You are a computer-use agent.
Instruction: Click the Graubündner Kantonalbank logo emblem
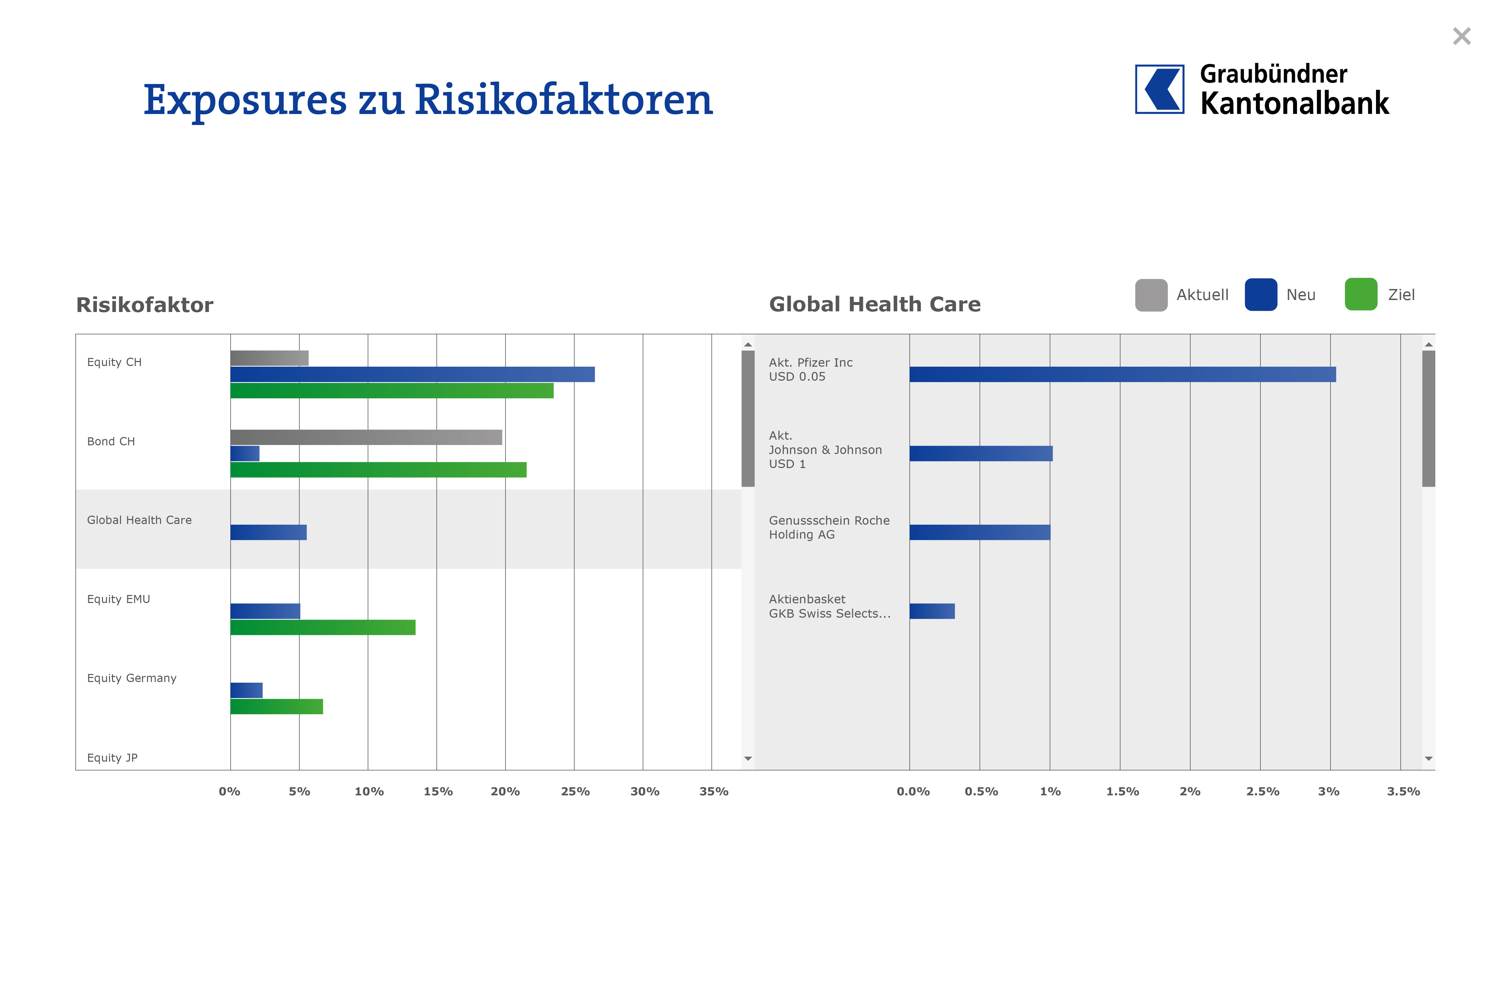[1159, 89]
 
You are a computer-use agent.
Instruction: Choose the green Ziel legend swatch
[1360, 295]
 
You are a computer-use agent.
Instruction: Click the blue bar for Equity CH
[412, 374]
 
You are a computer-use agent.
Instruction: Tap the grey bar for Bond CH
[366, 437]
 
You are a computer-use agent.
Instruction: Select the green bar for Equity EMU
[323, 628]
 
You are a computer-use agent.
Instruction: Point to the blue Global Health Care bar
[268, 533]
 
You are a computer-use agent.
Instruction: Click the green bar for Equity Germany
[277, 707]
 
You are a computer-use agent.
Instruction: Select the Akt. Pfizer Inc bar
[1122, 374]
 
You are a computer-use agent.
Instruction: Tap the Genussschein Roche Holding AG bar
[980, 533]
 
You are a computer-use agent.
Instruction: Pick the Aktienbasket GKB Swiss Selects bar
[932, 612]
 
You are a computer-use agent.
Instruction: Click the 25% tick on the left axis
[575, 791]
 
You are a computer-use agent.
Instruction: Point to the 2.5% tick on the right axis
[1262, 791]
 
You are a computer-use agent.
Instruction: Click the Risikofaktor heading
[145, 305]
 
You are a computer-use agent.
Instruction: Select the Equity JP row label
[112, 758]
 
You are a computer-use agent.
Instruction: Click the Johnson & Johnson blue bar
[981, 453]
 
